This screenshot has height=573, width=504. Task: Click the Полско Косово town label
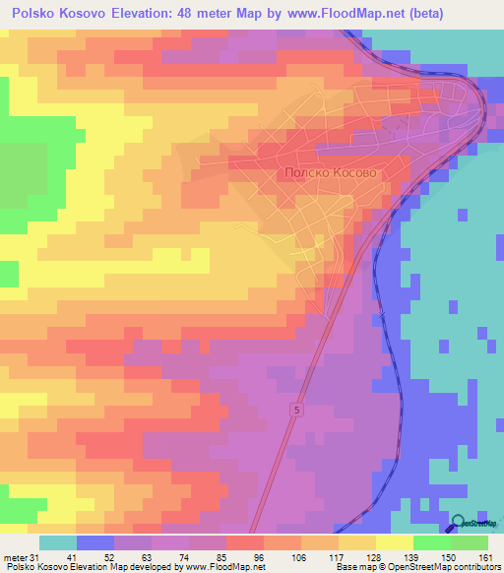point(329,171)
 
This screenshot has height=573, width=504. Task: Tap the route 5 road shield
point(296,408)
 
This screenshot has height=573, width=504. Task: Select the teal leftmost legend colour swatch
point(58,542)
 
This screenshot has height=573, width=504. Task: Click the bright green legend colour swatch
point(431,542)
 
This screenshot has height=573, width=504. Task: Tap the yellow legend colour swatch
point(394,542)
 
